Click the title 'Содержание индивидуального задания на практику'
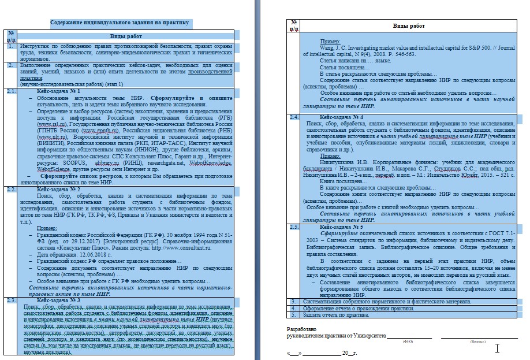click(x=119, y=23)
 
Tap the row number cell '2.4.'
click(x=294, y=117)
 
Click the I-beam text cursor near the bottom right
click(x=497, y=348)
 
